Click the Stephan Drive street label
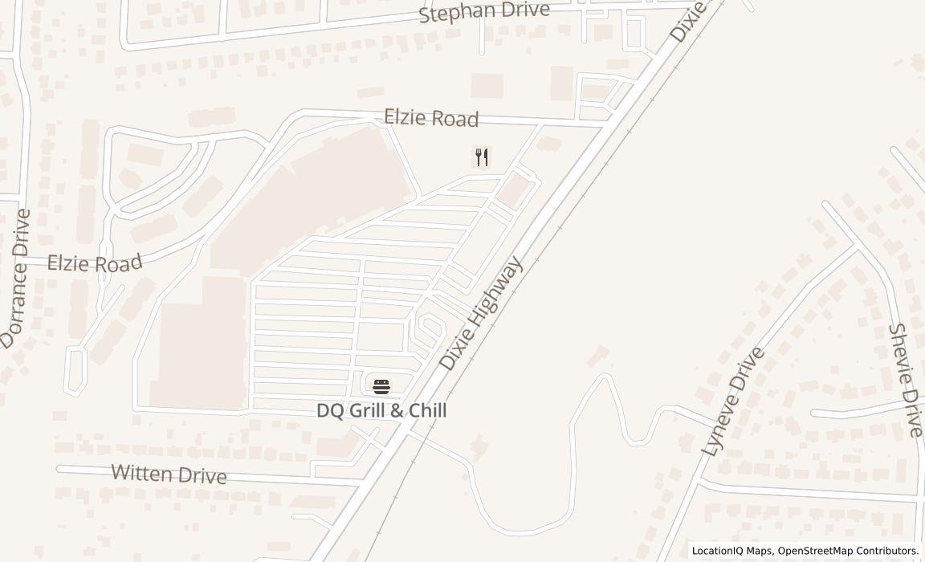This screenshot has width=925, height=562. pos(484,12)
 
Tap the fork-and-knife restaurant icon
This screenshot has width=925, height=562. pos(482,157)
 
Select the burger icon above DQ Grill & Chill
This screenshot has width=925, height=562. pos(381,386)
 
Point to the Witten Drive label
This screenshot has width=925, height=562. pos(169,474)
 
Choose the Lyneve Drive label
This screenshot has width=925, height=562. pos(732,402)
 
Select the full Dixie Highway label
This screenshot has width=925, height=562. pos(481,313)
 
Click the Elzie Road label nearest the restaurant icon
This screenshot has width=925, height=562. pos(431,118)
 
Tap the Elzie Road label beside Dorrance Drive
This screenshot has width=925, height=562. pos(95,263)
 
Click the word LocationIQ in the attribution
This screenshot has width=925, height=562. pos(719,551)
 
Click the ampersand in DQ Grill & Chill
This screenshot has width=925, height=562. pos(397,411)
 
